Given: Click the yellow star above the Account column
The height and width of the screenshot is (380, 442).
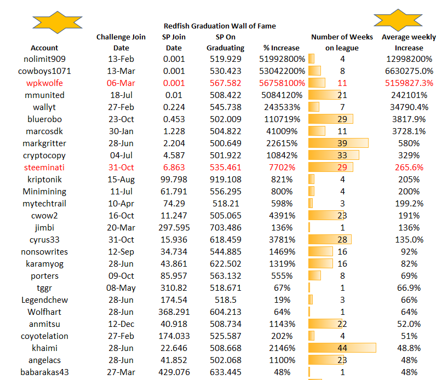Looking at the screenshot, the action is (58, 22).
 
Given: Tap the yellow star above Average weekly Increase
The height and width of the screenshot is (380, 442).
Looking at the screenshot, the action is (398, 20).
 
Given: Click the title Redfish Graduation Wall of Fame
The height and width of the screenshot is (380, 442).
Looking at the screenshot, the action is (220, 26).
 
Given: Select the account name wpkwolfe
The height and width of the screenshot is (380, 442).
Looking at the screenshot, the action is (44, 83).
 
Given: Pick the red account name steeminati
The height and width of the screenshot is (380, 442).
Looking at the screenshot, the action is (44, 168).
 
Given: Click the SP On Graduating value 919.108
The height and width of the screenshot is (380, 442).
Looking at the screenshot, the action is (226, 180).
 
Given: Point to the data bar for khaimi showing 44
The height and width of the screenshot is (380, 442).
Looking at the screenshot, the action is (342, 348).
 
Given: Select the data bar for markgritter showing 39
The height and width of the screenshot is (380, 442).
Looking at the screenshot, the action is (338, 143).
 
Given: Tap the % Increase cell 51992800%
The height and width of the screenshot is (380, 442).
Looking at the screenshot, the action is (282, 59).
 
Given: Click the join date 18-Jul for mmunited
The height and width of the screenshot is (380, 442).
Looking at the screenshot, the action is (121, 95).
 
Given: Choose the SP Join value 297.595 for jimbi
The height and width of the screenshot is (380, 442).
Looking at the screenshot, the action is (174, 228).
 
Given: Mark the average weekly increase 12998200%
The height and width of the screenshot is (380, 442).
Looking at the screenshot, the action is (409, 59).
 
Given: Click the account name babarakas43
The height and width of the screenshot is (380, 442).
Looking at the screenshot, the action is (44, 372).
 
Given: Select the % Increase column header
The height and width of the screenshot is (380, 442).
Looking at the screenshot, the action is (282, 48).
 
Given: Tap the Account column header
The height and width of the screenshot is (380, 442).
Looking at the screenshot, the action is (44, 48).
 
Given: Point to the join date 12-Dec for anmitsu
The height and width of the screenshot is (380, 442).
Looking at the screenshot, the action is (121, 324).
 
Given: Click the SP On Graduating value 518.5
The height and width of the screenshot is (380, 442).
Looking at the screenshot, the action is (226, 300).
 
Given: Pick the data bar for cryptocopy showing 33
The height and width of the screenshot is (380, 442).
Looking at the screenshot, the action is (334, 156).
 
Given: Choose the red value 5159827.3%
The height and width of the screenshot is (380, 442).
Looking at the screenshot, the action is (409, 83).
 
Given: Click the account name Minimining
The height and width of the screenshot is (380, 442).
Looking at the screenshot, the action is (44, 192).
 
